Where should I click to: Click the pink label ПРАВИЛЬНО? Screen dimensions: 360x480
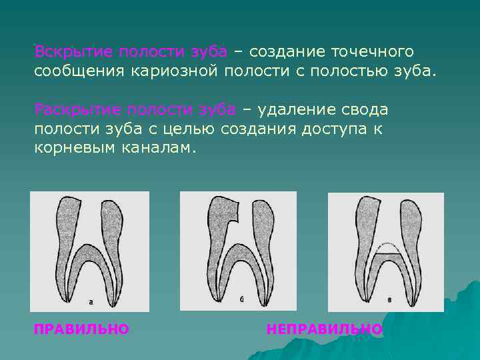81,329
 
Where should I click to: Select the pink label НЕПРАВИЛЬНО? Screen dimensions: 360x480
324,329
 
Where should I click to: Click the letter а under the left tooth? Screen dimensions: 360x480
91,301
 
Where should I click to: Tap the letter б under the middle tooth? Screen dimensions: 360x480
242,300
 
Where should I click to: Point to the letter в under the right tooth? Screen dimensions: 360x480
389,301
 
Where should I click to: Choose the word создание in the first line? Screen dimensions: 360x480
281,52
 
